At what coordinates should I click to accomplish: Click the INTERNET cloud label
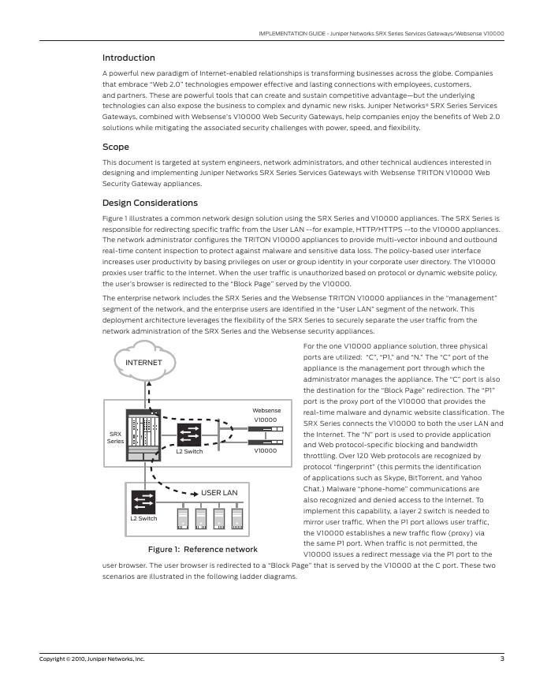point(143,363)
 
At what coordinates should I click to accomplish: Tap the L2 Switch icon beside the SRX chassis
point(189,435)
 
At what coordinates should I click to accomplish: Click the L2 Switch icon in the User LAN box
point(143,501)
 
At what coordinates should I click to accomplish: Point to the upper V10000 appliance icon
point(266,430)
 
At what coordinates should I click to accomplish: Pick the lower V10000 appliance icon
point(266,443)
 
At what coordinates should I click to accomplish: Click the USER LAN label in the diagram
point(219,493)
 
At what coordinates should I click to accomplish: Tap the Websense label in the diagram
point(266,411)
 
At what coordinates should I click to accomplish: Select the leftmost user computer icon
point(183,518)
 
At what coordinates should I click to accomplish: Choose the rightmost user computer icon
point(236,518)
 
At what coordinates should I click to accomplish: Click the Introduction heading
point(128,58)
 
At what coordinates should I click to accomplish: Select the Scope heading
point(116,147)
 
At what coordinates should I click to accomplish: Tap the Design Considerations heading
point(150,203)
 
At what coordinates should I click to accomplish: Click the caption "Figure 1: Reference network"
point(203,549)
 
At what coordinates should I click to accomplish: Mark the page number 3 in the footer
point(501,659)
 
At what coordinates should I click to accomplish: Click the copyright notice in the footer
point(92,659)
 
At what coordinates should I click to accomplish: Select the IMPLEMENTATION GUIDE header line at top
point(382,34)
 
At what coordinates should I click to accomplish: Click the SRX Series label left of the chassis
point(115,438)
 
